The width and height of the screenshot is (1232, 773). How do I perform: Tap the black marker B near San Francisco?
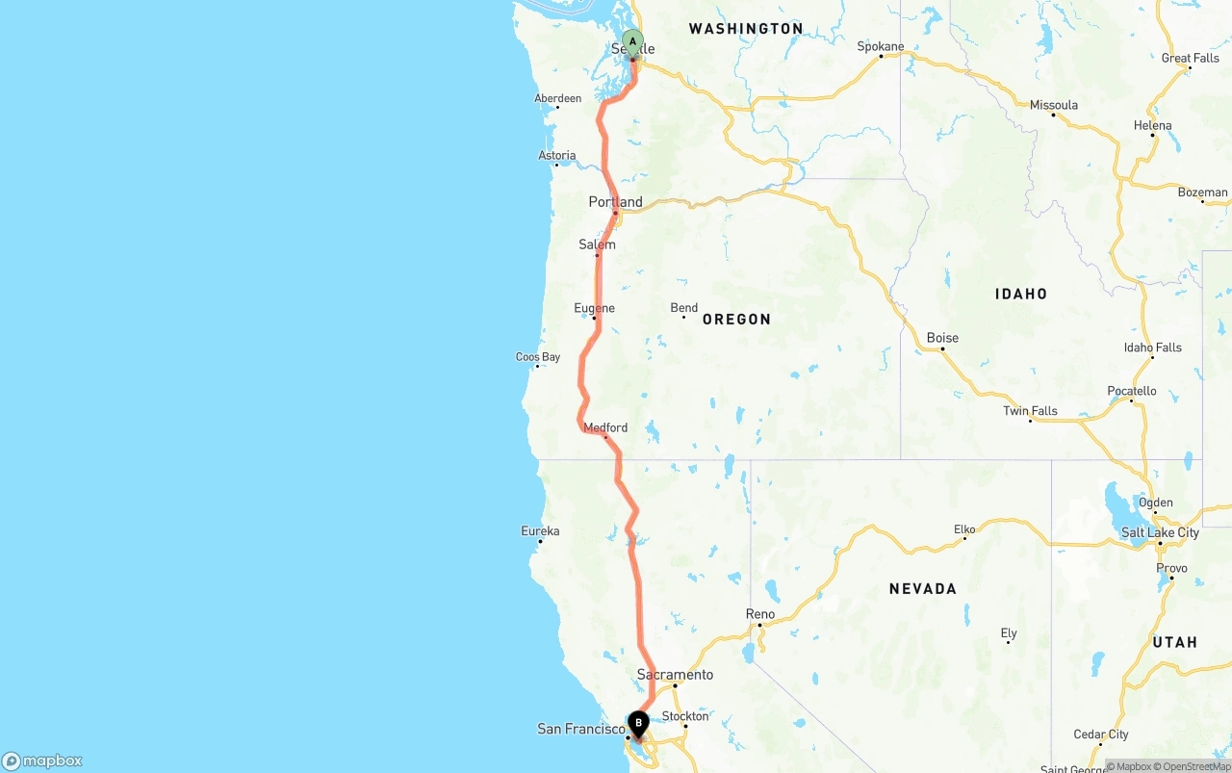point(638,723)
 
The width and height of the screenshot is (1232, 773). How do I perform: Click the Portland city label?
point(616,202)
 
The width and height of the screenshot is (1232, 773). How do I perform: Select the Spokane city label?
point(881,46)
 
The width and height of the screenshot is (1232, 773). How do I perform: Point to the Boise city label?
point(942,338)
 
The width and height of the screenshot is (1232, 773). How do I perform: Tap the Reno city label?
point(760,614)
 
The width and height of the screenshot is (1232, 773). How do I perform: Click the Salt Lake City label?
point(1160,532)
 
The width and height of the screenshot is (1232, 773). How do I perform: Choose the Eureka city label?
point(540,530)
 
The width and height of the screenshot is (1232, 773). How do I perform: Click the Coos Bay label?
point(538,357)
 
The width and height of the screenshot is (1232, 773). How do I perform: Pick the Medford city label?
point(605,427)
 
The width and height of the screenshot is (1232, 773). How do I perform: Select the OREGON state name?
point(736,319)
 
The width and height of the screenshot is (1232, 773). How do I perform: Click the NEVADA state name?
point(922,588)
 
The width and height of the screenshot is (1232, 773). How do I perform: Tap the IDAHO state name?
point(1021,294)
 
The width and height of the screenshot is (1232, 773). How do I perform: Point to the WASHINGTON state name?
point(745,29)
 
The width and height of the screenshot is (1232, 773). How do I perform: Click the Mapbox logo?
point(42,760)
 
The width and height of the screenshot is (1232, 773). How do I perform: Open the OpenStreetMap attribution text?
point(1195,766)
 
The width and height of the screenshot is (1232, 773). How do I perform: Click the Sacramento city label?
point(675,674)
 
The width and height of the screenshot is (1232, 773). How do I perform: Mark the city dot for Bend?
point(683,317)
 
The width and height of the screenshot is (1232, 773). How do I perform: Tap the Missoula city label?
point(1054,105)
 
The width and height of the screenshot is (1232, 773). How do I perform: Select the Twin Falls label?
point(1030,411)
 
